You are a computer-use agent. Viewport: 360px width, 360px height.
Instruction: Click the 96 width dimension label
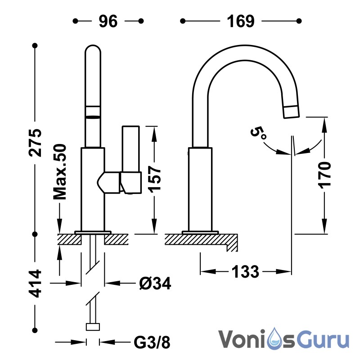pyautogui.click(x=108, y=21)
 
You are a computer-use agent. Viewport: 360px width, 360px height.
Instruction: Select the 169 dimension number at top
pyautogui.click(x=241, y=21)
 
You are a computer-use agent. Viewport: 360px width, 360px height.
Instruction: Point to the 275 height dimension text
pyautogui.click(x=36, y=143)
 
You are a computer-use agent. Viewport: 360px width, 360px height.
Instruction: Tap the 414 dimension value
pyautogui.click(x=36, y=283)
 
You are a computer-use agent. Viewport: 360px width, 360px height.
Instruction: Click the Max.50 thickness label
pyautogui.click(x=60, y=172)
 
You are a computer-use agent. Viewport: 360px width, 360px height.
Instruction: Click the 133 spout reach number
pyautogui.click(x=245, y=272)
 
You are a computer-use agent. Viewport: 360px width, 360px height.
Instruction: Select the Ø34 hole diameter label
pyautogui.click(x=155, y=284)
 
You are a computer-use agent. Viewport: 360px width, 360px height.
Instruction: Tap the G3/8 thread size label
pyautogui.click(x=152, y=343)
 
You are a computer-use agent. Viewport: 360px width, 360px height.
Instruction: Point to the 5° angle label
pyautogui.click(x=258, y=133)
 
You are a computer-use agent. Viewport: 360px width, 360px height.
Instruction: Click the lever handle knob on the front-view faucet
pyautogui.click(x=131, y=183)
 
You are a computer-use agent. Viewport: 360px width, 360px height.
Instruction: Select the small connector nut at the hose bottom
pyautogui.click(x=93, y=327)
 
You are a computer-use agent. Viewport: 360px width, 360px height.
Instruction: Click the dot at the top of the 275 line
pyautogui.click(x=35, y=46)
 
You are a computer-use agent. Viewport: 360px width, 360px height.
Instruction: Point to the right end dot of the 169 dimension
pyautogui.click(x=299, y=21)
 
